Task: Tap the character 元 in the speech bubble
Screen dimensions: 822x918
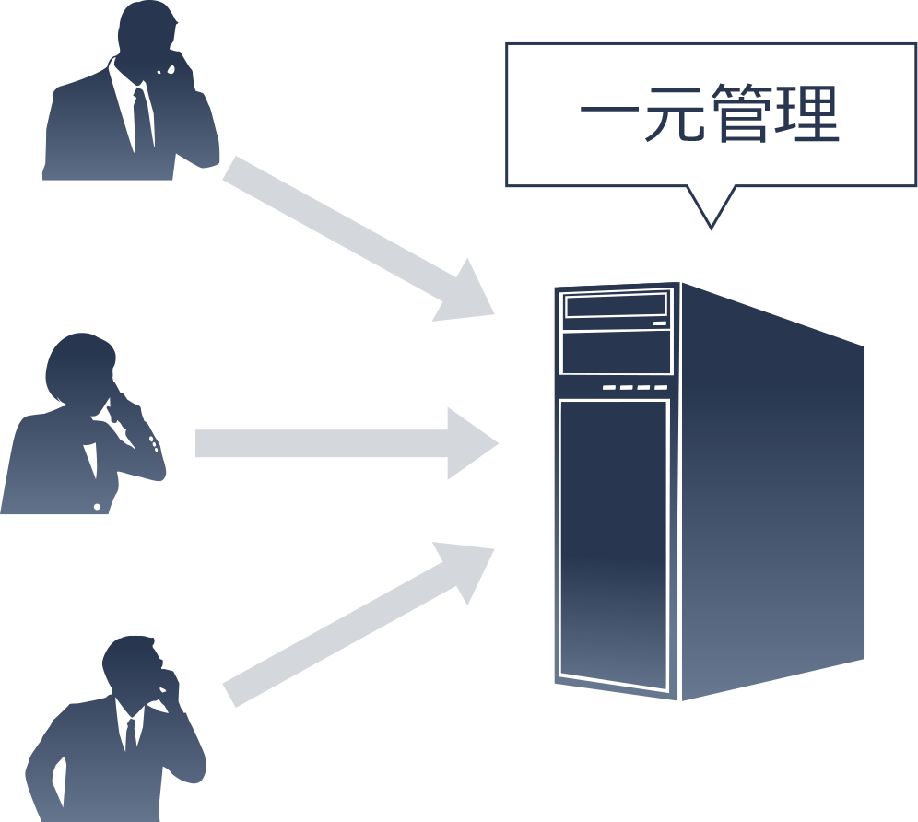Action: (675, 114)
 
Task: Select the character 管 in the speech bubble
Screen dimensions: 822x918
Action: (741, 114)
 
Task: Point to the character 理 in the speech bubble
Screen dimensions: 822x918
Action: (807, 114)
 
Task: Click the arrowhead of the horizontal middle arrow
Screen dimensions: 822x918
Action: (470, 443)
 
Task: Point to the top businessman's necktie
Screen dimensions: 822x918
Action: (141, 115)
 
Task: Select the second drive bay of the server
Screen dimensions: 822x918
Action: (616, 352)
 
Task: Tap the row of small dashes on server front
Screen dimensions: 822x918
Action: (635, 388)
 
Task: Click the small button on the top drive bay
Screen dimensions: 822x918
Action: (659, 323)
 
